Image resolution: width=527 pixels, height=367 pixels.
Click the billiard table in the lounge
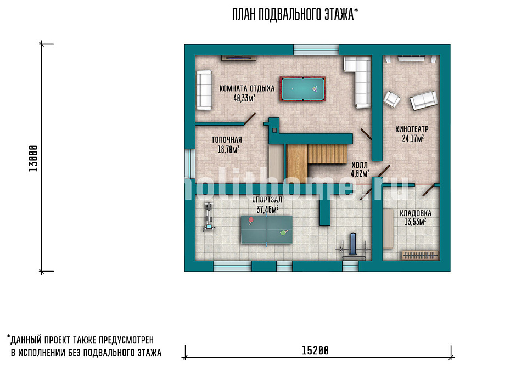coord(302,89)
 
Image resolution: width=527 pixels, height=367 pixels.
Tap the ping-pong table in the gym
coord(267,230)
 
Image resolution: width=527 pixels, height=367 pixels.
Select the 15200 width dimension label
coord(315,351)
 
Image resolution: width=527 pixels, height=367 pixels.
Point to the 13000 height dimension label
coord(33,159)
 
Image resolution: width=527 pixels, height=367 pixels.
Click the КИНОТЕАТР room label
coord(412,129)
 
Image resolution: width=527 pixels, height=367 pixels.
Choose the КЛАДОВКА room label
coord(416,213)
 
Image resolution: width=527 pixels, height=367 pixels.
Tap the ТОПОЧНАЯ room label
coord(227,140)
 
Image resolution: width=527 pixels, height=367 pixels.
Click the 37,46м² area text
coord(267,210)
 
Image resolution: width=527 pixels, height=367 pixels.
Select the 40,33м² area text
coord(244,98)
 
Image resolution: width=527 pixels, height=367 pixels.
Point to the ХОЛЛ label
coord(360,165)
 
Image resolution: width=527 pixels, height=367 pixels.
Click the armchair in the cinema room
coord(392,99)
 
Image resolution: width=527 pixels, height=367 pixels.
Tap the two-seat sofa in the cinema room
coord(423,100)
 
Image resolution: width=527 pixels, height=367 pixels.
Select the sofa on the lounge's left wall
coord(204,90)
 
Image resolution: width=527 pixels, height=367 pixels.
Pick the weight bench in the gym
coord(354,246)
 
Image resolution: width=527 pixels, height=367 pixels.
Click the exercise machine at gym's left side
coord(209,217)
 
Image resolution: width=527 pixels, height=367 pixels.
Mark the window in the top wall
coord(316,49)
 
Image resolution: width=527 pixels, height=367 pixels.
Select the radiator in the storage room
coord(420,255)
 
